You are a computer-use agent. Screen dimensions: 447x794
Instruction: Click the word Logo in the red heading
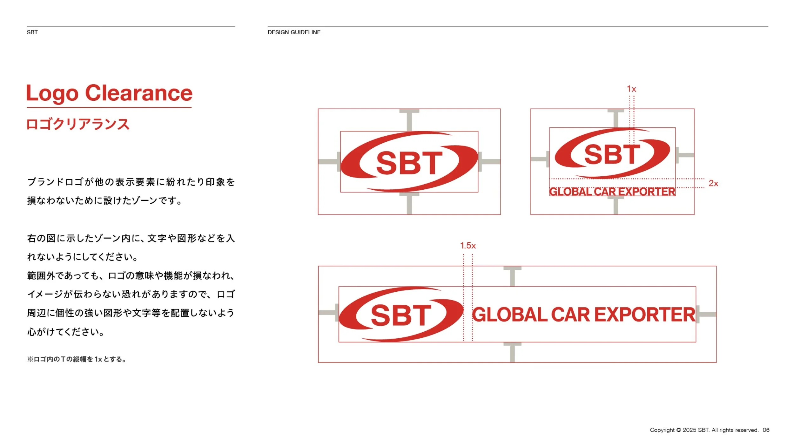[x=52, y=94]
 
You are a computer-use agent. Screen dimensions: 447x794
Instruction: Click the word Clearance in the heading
[x=139, y=93]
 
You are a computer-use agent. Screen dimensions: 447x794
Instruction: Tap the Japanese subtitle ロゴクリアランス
[x=78, y=124]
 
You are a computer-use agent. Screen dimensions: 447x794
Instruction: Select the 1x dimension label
[x=631, y=89]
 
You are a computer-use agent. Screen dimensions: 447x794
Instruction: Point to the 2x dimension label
[x=713, y=183]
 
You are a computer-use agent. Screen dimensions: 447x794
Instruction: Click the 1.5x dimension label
[x=468, y=246]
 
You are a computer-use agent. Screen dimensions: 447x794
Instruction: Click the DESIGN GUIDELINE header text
[x=294, y=32]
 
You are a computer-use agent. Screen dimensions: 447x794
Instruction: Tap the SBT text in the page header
[x=32, y=32]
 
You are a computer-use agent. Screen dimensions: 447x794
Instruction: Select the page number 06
[x=766, y=430]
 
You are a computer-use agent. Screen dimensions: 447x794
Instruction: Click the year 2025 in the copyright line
[x=689, y=430]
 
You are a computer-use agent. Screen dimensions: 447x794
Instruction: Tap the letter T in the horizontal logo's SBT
[x=420, y=315]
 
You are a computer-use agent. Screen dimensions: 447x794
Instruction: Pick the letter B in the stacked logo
[x=612, y=154]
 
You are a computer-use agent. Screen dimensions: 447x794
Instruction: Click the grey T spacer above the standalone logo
[x=409, y=119]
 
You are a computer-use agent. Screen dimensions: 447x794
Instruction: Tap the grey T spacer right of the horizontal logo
[x=706, y=314]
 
